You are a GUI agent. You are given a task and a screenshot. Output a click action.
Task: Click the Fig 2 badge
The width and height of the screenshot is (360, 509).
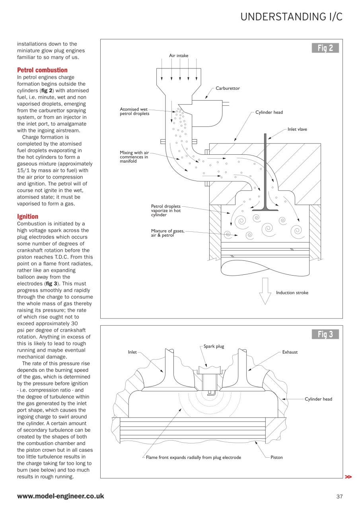point(325,48)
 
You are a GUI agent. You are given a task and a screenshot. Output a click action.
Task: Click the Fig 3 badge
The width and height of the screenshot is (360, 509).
point(325,334)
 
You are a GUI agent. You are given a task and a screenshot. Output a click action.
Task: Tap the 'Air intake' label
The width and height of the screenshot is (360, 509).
point(179,56)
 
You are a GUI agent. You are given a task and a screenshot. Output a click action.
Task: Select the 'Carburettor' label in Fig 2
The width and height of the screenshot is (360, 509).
point(228,88)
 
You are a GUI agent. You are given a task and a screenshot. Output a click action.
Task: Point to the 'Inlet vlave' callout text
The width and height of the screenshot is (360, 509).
point(297,129)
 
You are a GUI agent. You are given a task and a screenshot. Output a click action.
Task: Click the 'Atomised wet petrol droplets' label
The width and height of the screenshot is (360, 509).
point(134,111)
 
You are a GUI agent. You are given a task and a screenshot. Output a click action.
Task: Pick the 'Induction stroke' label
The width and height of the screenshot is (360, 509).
point(292,293)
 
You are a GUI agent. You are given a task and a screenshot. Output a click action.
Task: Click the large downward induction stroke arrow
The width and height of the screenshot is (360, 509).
point(265,291)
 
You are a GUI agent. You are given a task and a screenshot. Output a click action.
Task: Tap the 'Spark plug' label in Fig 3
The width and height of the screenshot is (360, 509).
point(214,346)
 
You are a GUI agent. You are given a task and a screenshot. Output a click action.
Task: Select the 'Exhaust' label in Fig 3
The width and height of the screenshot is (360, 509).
point(290,352)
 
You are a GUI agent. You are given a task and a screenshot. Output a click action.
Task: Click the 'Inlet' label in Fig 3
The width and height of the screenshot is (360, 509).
point(132,352)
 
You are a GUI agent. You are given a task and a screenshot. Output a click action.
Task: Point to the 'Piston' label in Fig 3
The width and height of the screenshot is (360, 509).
point(276,457)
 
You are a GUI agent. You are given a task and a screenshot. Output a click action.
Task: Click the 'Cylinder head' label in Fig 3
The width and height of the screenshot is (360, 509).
point(318,399)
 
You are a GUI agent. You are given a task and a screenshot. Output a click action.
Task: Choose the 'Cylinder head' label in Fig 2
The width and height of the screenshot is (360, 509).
point(269,112)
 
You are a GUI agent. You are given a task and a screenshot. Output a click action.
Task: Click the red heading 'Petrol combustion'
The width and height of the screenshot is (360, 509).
point(42,70)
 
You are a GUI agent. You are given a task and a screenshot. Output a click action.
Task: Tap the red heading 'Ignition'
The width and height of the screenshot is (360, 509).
point(27,216)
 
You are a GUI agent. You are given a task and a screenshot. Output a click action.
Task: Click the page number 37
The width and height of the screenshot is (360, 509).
point(339,496)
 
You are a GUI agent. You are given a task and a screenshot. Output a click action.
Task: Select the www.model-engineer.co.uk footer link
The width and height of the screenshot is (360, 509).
point(60,496)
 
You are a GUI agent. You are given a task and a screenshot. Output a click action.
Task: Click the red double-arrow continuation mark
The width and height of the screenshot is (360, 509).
point(348,476)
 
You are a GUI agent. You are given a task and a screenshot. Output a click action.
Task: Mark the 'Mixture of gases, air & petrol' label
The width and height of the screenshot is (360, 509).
point(167,233)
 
